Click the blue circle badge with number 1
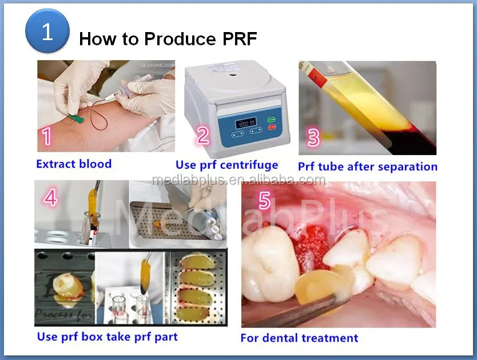(x=47, y=31)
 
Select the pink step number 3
(x=313, y=138)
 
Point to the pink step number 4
(x=51, y=198)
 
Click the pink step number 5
(x=264, y=201)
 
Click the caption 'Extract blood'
(x=74, y=164)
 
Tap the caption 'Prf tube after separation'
(x=368, y=167)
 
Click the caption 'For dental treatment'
(x=299, y=338)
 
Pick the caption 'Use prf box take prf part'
(x=108, y=337)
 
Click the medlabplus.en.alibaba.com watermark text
(x=238, y=180)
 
